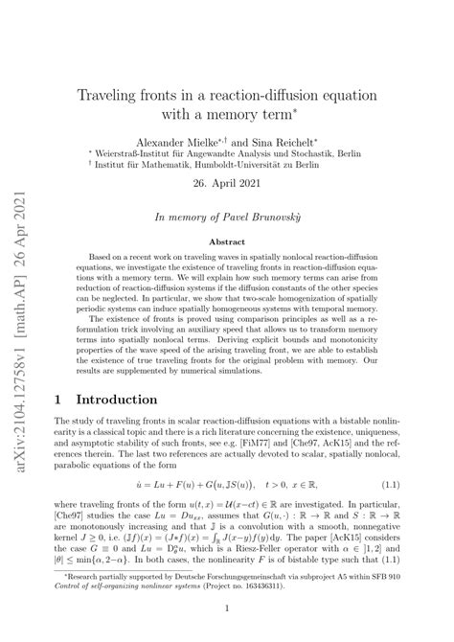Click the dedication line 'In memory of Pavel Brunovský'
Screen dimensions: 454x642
point(250,218)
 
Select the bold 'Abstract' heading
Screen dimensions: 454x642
point(250,242)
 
